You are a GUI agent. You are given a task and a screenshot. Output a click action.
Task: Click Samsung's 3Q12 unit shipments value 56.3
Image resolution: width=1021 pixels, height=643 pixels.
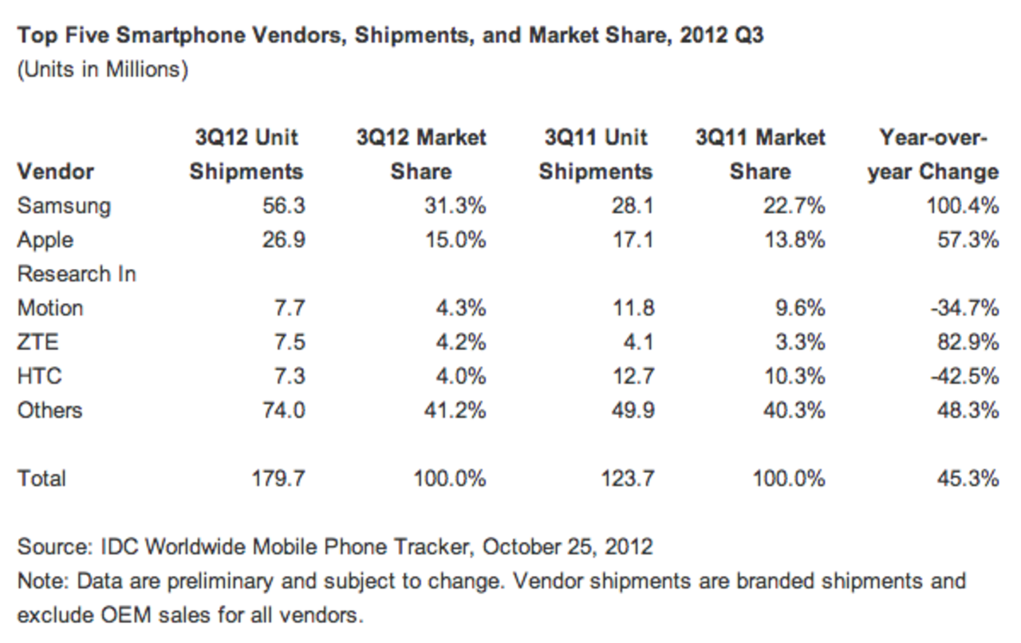pyautogui.click(x=283, y=206)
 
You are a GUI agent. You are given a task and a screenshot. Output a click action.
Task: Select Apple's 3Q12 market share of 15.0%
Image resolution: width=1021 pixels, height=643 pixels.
pyautogui.click(x=454, y=240)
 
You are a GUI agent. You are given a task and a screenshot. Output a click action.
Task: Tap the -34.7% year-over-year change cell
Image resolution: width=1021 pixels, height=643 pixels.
pyautogui.click(x=965, y=308)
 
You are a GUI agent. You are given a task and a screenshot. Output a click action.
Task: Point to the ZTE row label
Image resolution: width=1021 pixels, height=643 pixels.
pyautogui.click(x=37, y=342)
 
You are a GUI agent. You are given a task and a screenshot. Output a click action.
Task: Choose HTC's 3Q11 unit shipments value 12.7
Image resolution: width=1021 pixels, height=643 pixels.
pyautogui.click(x=632, y=377)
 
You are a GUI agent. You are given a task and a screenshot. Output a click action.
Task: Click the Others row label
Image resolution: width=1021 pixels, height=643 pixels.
pyautogui.click(x=49, y=410)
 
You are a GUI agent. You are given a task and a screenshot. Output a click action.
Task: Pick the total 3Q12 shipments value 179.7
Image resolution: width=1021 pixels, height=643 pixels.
pyautogui.click(x=278, y=479)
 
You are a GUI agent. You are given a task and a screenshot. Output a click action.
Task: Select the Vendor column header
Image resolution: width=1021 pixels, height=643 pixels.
pyautogui.click(x=56, y=172)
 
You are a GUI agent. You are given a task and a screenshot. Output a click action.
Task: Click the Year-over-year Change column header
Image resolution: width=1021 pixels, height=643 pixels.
pyautogui.click(x=933, y=155)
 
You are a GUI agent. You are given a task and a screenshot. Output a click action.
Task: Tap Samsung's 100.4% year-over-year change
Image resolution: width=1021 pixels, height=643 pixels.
pyautogui.click(x=964, y=206)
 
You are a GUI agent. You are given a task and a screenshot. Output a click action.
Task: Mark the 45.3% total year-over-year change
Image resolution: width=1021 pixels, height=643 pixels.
pyautogui.click(x=968, y=479)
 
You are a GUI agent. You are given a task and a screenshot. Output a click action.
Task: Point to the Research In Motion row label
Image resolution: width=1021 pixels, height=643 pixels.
pyautogui.click(x=77, y=290)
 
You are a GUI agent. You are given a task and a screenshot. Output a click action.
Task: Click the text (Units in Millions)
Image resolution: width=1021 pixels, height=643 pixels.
pyautogui.click(x=103, y=70)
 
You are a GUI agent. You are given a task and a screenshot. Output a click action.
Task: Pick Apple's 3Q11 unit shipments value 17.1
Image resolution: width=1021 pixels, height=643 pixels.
pyautogui.click(x=633, y=240)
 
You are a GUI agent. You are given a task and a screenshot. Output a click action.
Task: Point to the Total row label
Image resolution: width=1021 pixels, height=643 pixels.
pyautogui.click(x=41, y=479)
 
